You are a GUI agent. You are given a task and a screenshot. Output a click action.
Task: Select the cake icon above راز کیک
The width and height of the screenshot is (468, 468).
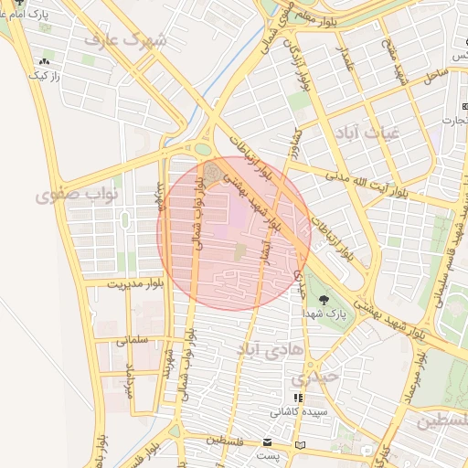point(43,63)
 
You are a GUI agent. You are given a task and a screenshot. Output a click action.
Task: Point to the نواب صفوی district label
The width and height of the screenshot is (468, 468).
point(72,196)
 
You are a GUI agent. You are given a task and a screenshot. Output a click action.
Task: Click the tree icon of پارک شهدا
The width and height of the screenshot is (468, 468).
point(322,300)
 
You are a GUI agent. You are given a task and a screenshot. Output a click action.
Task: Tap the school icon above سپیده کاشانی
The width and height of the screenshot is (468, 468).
point(298,399)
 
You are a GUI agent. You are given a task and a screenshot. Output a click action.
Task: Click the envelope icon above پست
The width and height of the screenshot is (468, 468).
point(265,441)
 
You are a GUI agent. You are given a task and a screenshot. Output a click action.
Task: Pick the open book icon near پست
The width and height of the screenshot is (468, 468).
point(302,445)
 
